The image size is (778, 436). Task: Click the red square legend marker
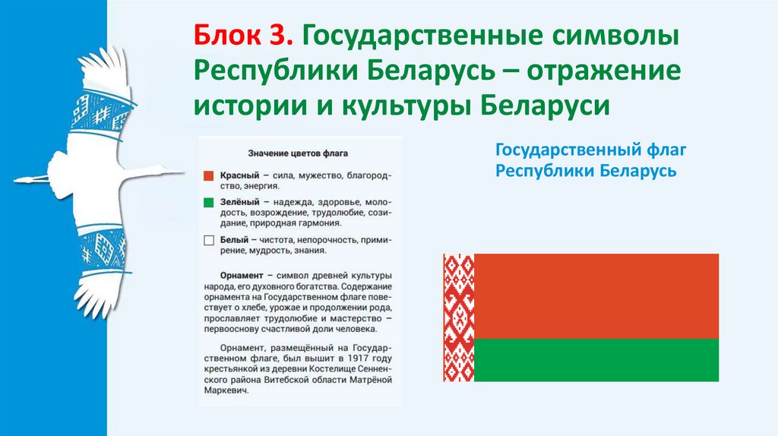209,175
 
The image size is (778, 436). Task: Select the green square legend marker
209,203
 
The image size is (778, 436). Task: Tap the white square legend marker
209,241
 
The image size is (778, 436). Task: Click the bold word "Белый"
233,240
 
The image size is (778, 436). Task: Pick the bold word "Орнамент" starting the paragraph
242,274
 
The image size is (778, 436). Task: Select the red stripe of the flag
596,296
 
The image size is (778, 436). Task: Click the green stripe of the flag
596,360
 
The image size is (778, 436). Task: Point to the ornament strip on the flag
459,318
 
